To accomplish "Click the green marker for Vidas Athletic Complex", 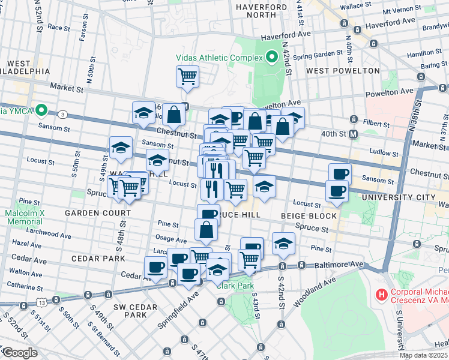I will [x=272, y=58].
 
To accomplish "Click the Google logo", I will [x=20, y=353].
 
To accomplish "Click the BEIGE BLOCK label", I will [x=309, y=215].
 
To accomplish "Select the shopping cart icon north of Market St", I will [x=188, y=77].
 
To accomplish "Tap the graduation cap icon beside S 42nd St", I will [x=283, y=243].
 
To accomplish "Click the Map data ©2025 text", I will [x=423, y=355].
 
